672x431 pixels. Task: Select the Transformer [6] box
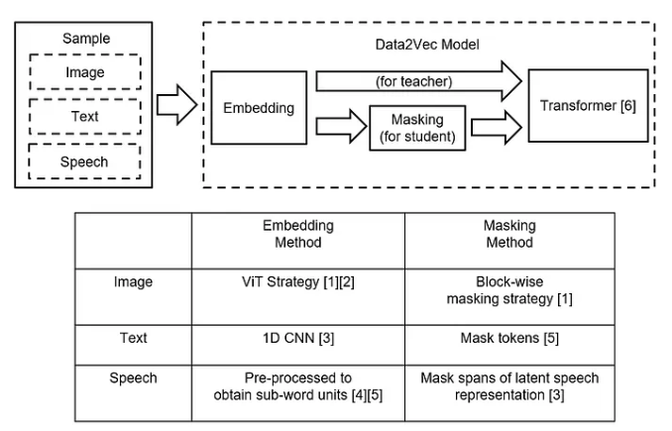click(x=588, y=107)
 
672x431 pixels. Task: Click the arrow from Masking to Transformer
click(x=496, y=127)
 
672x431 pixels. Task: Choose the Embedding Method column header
click(x=298, y=234)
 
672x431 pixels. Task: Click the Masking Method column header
click(x=508, y=234)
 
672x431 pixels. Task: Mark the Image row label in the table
click(x=133, y=282)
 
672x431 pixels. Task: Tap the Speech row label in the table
click(x=133, y=377)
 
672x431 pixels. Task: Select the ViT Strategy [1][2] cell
click(x=298, y=282)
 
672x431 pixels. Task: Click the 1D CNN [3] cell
click(x=298, y=338)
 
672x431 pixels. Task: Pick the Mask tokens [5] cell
click(x=508, y=338)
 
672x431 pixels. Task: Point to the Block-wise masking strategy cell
click(x=508, y=290)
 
